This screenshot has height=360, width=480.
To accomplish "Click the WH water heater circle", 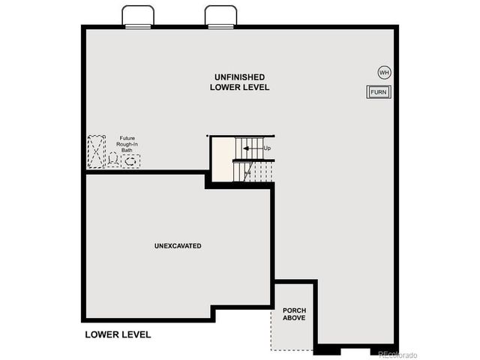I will (384, 73).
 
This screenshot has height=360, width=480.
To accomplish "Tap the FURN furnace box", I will (378, 91).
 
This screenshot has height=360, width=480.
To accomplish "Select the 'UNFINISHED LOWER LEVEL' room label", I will (239, 82).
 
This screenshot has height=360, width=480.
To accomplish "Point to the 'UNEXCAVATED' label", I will (178, 246).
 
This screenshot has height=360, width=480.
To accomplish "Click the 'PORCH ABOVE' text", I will (294, 314).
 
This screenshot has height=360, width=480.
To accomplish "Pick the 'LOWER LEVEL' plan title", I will (118, 334).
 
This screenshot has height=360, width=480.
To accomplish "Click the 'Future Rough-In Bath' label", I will (127, 145).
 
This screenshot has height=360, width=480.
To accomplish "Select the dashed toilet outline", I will (113, 160).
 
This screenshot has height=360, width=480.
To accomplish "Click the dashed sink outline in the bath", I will (130, 160).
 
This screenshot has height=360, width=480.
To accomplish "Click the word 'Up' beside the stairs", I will (267, 148).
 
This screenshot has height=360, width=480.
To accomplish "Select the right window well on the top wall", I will (220, 16).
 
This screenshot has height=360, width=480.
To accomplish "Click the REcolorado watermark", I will (400, 353).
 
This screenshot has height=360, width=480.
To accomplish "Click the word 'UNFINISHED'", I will (239, 77).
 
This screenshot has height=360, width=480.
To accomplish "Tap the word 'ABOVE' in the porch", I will (294, 319).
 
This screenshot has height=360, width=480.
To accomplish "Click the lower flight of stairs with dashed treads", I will (253, 172).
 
